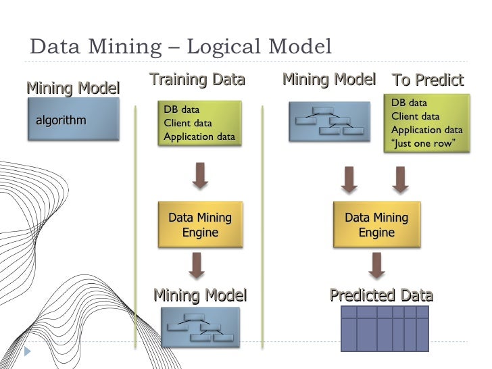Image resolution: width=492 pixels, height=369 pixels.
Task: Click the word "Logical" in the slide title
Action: pyautogui.click(x=225, y=47)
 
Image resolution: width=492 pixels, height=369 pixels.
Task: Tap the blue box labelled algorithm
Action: pyautogui.click(x=73, y=120)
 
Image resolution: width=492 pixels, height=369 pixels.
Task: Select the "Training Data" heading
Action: pyautogui.click(x=197, y=80)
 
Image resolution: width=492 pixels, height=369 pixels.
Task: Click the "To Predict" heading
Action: pyautogui.click(x=428, y=80)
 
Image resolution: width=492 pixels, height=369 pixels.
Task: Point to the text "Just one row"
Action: pyautogui.click(x=424, y=143)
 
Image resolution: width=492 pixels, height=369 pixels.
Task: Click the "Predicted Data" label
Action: pyautogui.click(x=381, y=295)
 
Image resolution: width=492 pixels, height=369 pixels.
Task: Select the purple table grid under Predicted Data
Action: pyautogui.click(x=385, y=328)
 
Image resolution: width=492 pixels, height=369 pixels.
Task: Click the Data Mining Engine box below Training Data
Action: pyautogui.click(x=199, y=225)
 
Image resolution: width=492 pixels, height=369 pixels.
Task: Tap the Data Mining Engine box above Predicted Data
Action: pyautogui.click(x=376, y=225)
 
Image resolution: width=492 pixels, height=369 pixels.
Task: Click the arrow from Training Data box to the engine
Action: pyautogui.click(x=200, y=175)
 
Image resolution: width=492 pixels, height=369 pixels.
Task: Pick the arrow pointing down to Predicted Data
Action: pyautogui.click(x=376, y=265)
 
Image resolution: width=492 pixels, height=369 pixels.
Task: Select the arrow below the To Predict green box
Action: pyautogui.click(x=400, y=179)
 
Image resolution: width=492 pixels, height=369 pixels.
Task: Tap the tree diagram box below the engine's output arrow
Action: pyautogui.click(x=199, y=327)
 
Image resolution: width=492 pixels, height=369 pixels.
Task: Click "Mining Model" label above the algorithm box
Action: pyautogui.click(x=73, y=88)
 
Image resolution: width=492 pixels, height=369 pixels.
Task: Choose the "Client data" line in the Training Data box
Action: pyautogui.click(x=188, y=123)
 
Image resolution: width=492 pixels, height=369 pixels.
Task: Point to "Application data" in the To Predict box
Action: pyautogui.click(x=427, y=130)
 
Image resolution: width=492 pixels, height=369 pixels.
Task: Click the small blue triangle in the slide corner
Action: pyautogui.click(x=28, y=352)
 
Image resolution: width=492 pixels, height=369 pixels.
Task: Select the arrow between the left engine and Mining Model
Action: pyautogui.click(x=197, y=265)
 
